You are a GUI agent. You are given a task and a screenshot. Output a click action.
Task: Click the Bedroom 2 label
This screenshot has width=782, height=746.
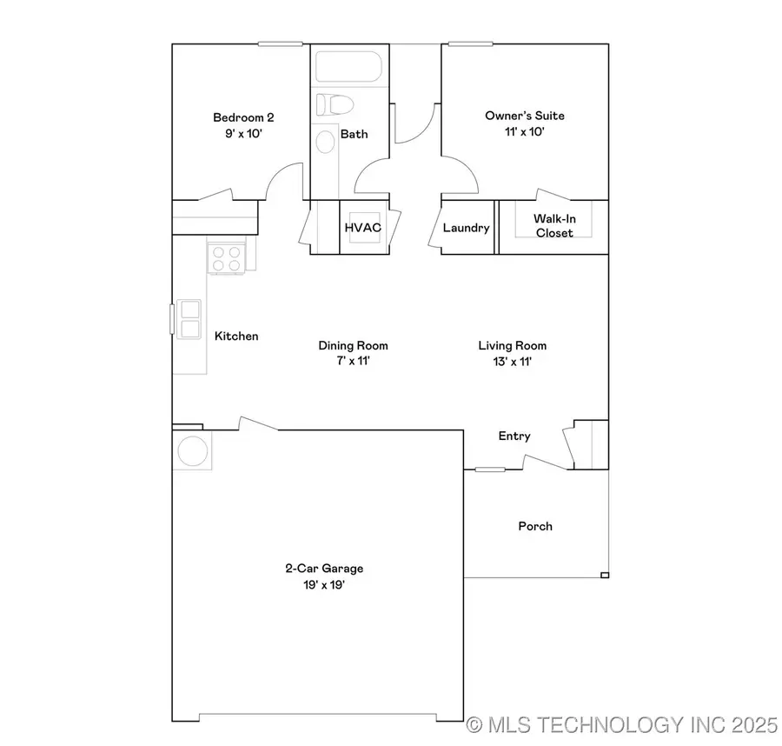(x=237, y=117)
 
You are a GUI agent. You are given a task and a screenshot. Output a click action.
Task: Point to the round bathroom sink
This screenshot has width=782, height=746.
(x=325, y=142)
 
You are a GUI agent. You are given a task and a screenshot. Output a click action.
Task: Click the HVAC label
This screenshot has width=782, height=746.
(x=363, y=228)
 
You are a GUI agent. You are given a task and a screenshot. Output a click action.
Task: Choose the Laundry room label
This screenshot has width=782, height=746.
(x=467, y=228)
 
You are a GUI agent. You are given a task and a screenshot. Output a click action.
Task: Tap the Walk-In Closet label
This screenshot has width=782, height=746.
(x=553, y=226)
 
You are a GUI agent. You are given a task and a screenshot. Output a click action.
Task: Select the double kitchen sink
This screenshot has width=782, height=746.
(x=189, y=318)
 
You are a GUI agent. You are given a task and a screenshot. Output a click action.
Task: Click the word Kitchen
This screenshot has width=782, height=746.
(x=236, y=336)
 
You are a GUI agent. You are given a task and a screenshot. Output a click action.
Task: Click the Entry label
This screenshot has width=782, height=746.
(x=514, y=436)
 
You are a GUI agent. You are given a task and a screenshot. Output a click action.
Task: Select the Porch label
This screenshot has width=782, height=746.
(x=535, y=526)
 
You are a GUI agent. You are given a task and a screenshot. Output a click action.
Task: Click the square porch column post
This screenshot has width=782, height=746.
(x=605, y=575)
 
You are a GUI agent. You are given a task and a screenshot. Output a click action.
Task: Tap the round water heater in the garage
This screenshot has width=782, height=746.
(x=193, y=451)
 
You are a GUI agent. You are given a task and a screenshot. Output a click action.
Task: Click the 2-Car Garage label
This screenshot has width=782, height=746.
(x=324, y=569)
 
